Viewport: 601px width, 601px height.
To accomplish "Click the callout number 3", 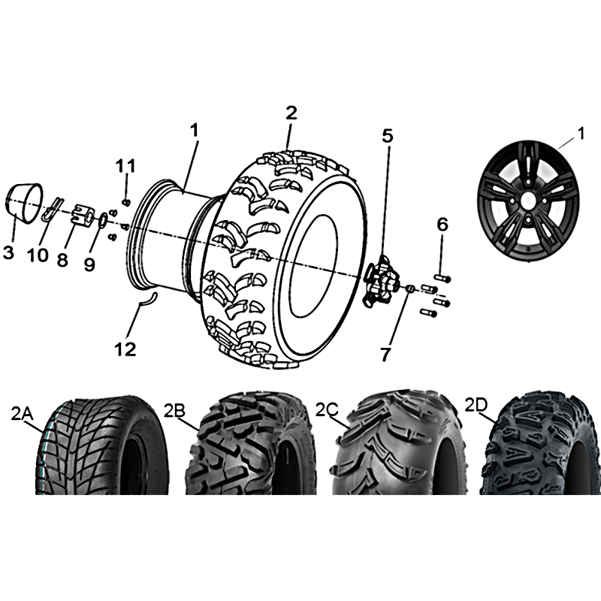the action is pos(8,252).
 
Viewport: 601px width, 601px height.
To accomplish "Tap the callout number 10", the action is pos(38,255).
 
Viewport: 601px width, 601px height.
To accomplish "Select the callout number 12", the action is pos(125,349).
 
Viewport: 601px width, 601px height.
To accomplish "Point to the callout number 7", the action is pos(385,355).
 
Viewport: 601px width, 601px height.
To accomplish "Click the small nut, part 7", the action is pos(409,288).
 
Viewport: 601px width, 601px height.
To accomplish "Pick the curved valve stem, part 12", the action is pos(147,298).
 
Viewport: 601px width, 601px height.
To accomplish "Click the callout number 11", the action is pos(126,167).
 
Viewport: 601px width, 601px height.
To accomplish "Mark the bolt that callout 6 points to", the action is pos(442,278).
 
